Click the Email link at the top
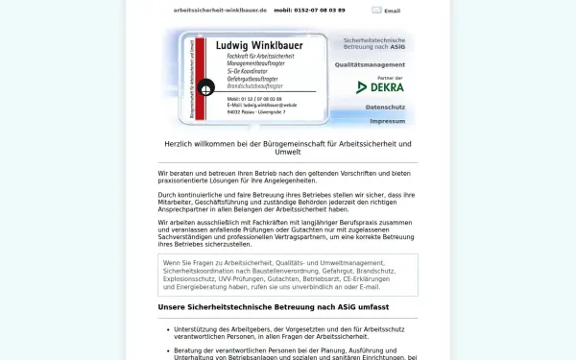pyautogui.click(x=392, y=11)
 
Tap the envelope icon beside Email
pyautogui.click(x=376, y=11)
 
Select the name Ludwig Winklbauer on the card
pyautogui.click(x=258, y=44)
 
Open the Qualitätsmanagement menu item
pyautogui.click(x=370, y=64)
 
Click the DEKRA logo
pyautogui.click(x=380, y=86)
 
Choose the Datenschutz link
pyautogui.click(x=385, y=108)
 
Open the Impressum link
pyautogui.click(x=387, y=121)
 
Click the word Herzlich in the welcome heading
pyautogui.click(x=180, y=143)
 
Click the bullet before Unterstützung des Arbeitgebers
pyautogui.click(x=168, y=329)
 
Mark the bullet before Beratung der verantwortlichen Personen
pyautogui.click(x=168, y=350)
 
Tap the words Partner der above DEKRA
pyautogui.click(x=390, y=77)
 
